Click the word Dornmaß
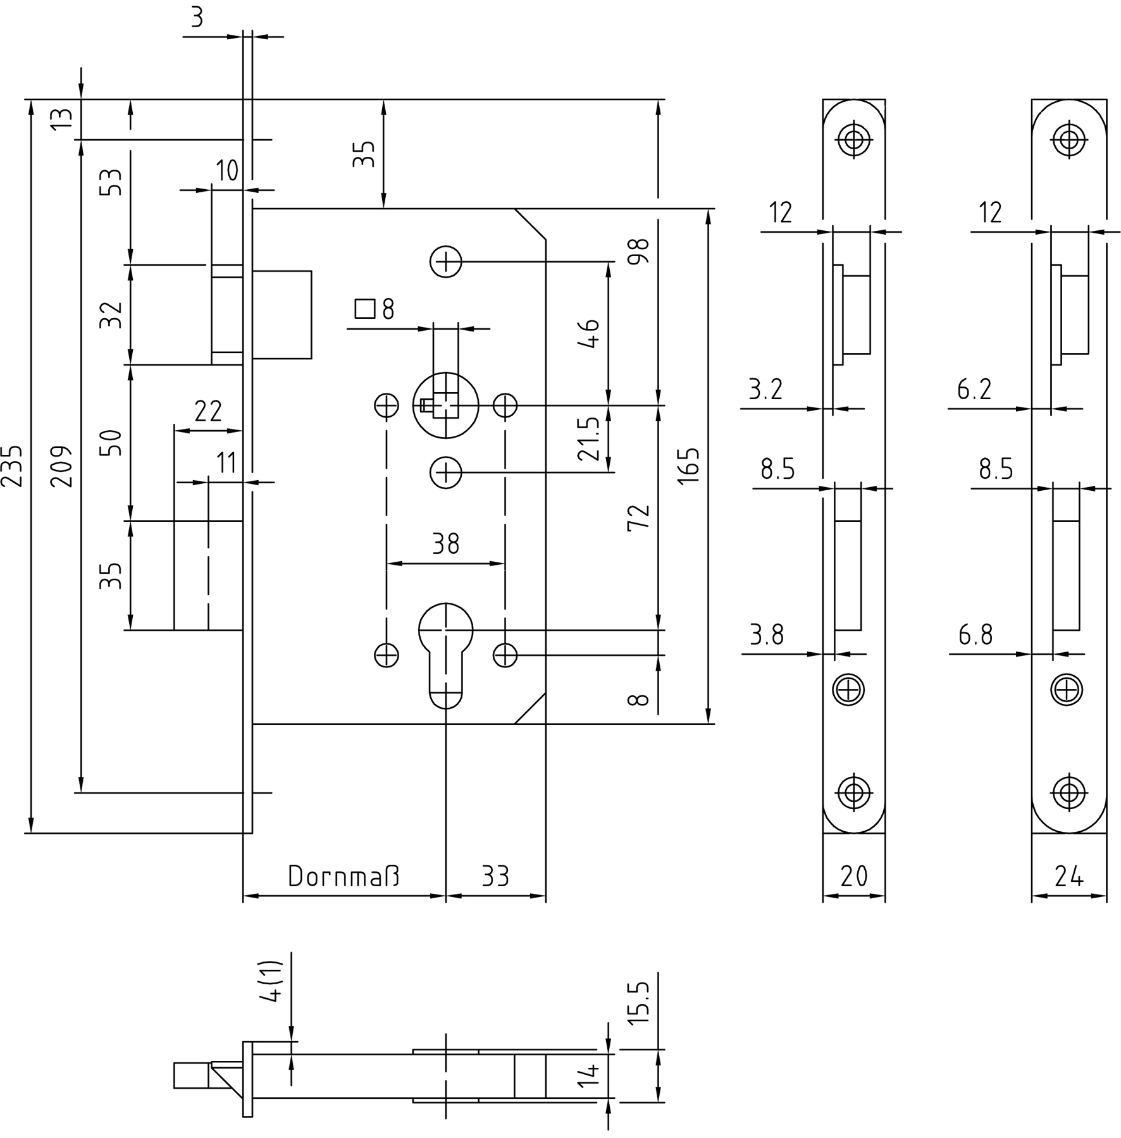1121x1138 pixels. click(344, 876)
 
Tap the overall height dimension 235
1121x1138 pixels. click(13, 466)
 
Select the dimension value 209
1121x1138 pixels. click(61, 466)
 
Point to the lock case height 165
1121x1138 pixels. click(689, 466)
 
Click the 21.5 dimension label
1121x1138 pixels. click(588, 438)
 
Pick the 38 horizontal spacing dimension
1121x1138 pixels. click(445, 544)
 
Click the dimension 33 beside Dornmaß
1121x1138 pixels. click(495, 876)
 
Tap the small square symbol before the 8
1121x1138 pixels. click(365, 309)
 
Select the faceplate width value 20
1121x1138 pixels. click(853, 876)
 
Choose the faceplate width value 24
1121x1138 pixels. click(1068, 876)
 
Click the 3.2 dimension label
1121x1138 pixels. click(765, 390)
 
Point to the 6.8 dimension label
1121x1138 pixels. click(975, 634)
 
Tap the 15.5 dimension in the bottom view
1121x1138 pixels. click(640, 1003)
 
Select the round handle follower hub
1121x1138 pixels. click(445, 405)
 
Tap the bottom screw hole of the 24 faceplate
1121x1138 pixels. click(1068, 791)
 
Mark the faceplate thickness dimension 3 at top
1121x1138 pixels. click(197, 18)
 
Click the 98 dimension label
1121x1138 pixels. click(641, 252)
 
